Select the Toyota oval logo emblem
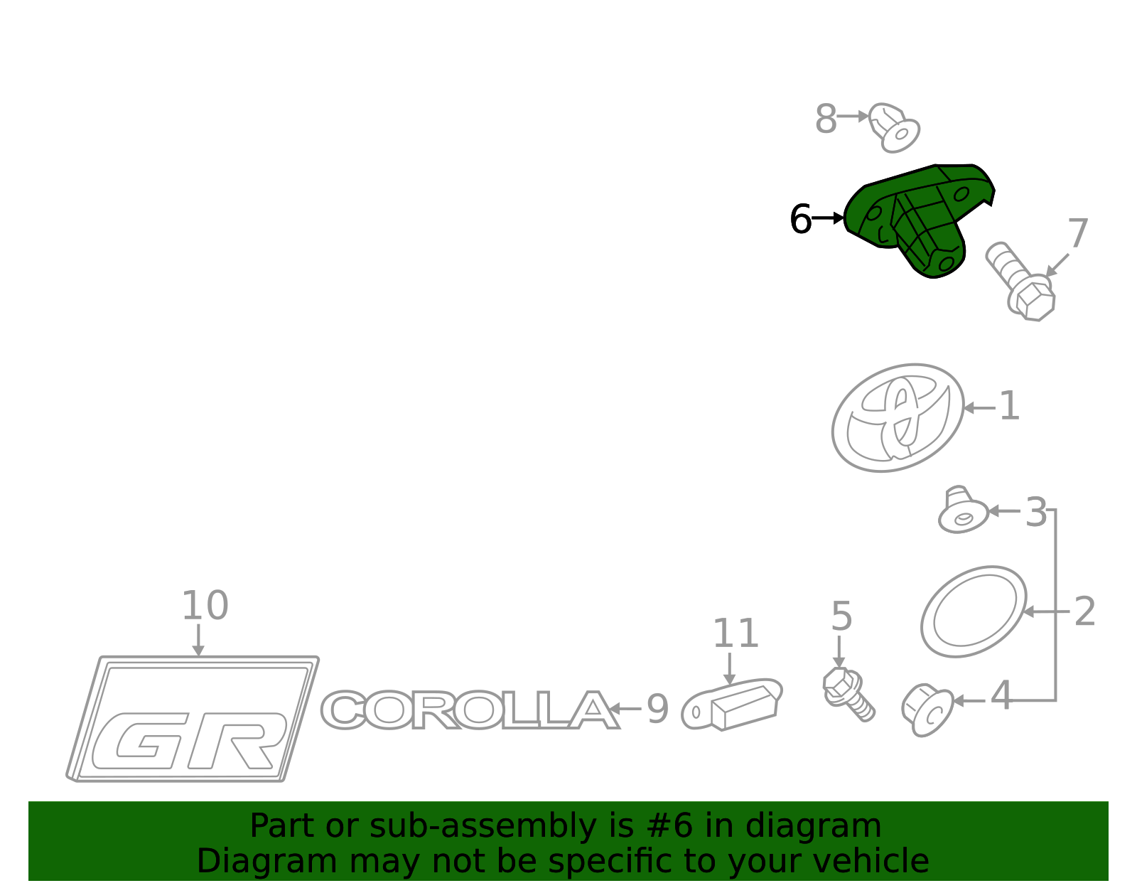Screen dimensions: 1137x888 898,418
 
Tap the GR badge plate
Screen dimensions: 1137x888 193,719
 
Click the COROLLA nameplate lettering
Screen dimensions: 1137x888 470,710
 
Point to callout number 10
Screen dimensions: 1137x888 205,606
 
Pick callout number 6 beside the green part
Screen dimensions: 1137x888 800,219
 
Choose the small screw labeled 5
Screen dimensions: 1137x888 848,694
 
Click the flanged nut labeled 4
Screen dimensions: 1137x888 927,710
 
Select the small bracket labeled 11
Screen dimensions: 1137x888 731,705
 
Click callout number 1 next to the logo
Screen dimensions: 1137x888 1009,406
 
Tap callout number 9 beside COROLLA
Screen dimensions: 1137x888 658,710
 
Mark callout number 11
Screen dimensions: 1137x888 735,633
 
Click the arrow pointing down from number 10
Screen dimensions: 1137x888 198,640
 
